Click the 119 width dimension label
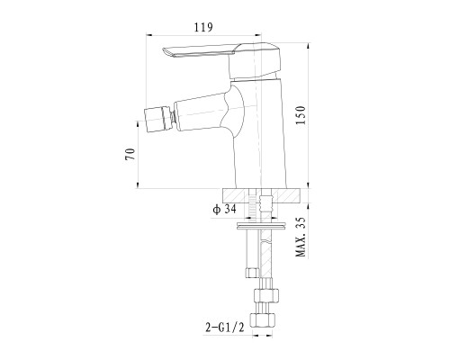(203, 27)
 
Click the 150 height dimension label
(301, 115)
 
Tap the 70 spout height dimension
(130, 154)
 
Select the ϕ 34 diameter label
(225, 209)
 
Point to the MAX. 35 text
(301, 237)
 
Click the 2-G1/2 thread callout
(224, 327)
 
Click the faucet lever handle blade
(199, 51)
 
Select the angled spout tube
(200, 112)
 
